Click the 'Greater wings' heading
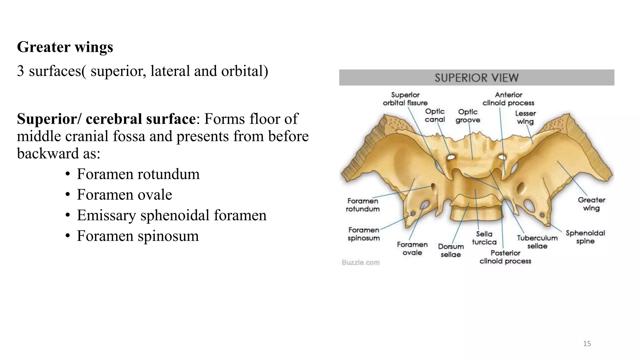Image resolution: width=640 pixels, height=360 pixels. (x=65, y=47)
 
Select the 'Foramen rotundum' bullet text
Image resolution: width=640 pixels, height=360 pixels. (x=138, y=174)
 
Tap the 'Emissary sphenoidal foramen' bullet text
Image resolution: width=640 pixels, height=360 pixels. (x=172, y=215)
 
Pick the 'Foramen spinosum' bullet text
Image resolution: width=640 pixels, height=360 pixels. (x=137, y=236)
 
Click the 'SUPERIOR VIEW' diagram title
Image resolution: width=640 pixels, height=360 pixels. (x=476, y=78)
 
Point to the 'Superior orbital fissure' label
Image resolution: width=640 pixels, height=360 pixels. (x=405, y=99)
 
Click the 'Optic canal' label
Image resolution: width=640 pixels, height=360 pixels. (x=435, y=115)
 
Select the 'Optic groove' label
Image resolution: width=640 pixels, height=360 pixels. (x=468, y=116)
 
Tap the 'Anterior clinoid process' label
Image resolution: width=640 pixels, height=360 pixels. (x=508, y=99)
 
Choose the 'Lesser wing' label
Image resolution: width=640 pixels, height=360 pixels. (x=525, y=117)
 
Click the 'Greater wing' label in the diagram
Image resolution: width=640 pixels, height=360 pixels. (x=591, y=204)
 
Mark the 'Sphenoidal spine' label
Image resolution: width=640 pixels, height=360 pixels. (x=585, y=237)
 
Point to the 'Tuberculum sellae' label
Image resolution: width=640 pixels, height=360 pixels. (x=537, y=242)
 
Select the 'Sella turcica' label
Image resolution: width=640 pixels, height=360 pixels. (x=484, y=238)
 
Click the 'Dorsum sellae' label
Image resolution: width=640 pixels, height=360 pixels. (x=451, y=250)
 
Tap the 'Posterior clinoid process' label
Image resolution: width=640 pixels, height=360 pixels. (x=505, y=257)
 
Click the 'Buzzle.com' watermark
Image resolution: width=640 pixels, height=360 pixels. (x=361, y=262)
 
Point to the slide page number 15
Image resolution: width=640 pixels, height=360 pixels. (x=587, y=344)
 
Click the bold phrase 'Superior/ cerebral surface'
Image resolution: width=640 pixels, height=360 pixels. (x=106, y=119)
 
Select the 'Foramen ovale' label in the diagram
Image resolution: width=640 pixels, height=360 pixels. (x=412, y=248)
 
